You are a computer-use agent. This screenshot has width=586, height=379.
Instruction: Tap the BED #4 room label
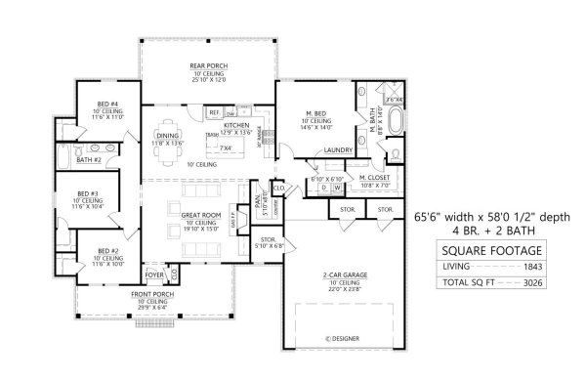click(x=107, y=104)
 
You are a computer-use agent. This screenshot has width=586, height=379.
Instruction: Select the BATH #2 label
click(x=90, y=159)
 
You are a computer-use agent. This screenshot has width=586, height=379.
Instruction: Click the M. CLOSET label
click(x=375, y=178)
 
